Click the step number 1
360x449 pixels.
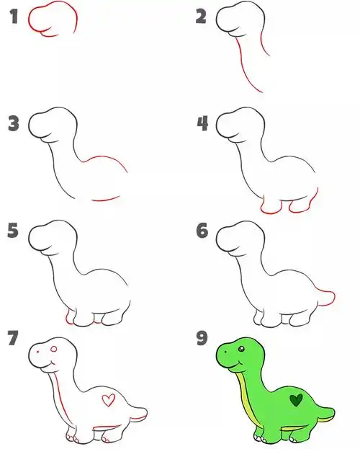(x=14, y=17)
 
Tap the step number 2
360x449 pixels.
(x=201, y=17)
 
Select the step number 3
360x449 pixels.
(x=14, y=123)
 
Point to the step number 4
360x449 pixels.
(x=202, y=123)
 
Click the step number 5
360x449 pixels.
(x=13, y=231)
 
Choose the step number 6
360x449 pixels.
(x=202, y=231)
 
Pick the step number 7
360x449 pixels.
(x=13, y=338)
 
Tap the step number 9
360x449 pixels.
(x=202, y=338)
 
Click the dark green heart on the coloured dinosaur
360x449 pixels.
(x=296, y=400)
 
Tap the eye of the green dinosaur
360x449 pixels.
(x=241, y=349)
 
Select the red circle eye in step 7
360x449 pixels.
(x=54, y=349)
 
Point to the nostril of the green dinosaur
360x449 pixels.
(x=226, y=352)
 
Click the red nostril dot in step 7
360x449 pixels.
(x=37, y=352)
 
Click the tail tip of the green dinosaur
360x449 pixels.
(x=333, y=413)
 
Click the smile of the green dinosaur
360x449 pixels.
(x=237, y=363)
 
